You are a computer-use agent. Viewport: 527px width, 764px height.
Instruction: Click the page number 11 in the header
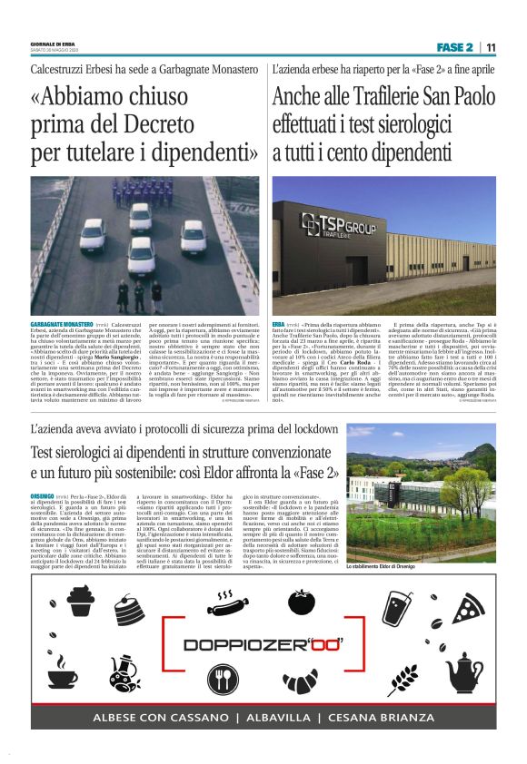(492, 47)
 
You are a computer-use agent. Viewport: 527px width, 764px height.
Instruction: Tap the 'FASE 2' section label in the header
(454, 47)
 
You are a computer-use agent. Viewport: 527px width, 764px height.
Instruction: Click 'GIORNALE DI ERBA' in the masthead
(52, 43)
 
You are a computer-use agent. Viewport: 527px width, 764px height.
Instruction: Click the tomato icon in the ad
(301, 601)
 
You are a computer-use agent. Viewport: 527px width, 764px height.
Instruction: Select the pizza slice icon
(468, 609)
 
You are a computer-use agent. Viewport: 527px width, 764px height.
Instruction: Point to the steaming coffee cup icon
(62, 673)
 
